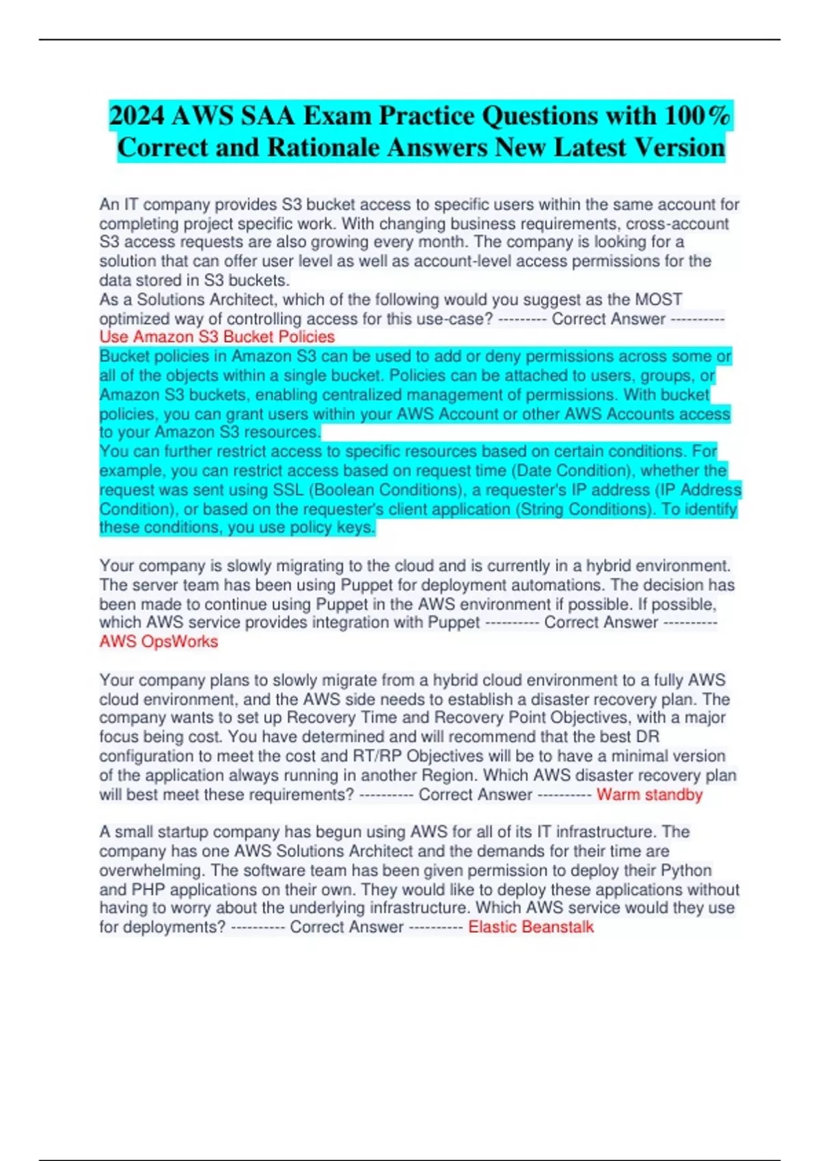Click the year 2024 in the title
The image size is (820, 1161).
(137, 116)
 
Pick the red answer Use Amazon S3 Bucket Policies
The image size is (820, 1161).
(217, 337)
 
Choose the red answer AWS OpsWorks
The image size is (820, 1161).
(159, 641)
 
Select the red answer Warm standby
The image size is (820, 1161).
(649, 794)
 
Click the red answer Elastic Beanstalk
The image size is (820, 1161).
(531, 927)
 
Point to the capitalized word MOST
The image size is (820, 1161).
(659, 299)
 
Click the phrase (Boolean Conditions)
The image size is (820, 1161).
(381, 490)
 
